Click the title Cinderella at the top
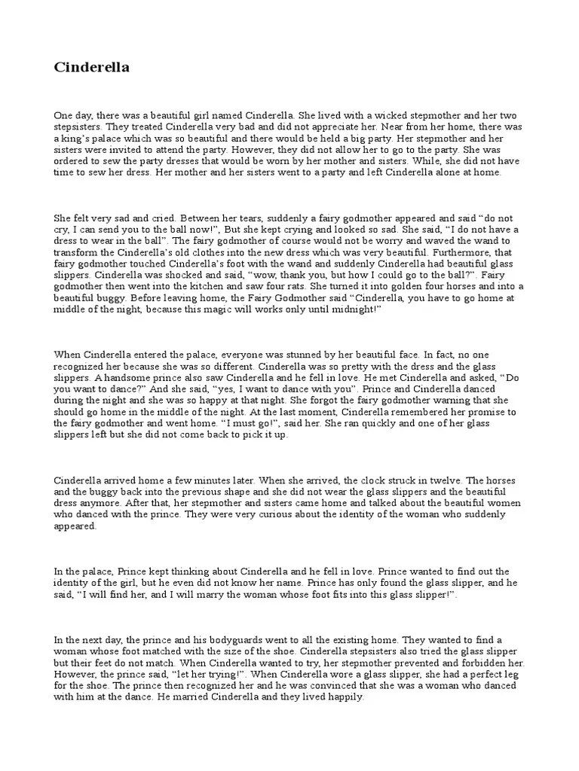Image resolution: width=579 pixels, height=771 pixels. pyautogui.click(x=91, y=68)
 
